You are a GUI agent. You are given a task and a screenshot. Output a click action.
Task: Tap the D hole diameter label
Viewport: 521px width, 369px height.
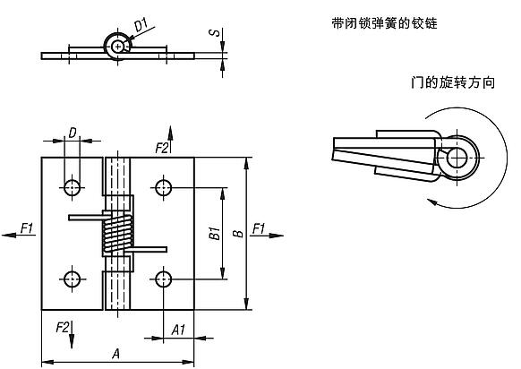click(x=72, y=133)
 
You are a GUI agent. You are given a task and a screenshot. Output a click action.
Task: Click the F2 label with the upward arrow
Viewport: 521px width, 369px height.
click(x=162, y=146)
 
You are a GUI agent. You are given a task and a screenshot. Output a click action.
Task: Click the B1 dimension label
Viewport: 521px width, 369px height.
click(x=214, y=235)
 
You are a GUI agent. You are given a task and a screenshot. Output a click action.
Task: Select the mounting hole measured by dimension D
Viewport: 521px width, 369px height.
click(x=72, y=187)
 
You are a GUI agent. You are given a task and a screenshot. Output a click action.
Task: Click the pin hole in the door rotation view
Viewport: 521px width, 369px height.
click(x=457, y=158)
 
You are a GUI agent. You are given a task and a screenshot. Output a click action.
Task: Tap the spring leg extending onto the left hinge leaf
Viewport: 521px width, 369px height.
click(x=85, y=217)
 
